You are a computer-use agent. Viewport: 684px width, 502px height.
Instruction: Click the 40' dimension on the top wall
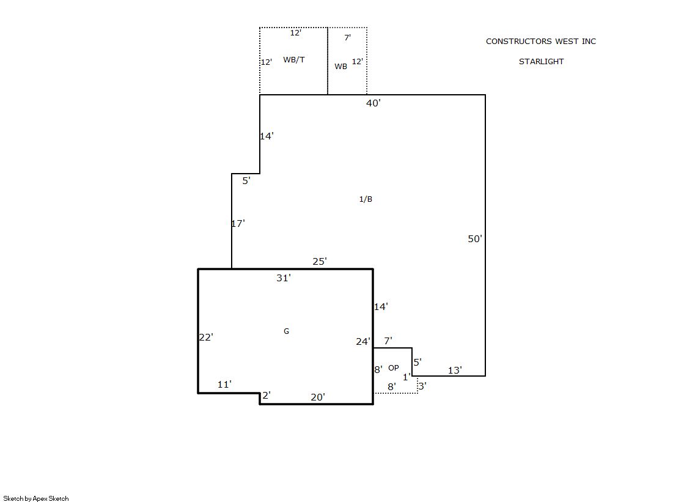click(373, 103)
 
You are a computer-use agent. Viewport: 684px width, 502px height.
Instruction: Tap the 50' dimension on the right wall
click(474, 239)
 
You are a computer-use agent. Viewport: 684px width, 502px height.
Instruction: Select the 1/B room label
click(366, 199)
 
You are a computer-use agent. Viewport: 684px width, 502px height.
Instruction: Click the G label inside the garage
click(286, 331)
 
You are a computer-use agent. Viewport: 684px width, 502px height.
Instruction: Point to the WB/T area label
click(293, 60)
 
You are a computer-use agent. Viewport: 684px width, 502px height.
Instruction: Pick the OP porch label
click(394, 368)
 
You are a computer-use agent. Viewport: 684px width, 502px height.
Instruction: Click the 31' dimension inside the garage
click(284, 278)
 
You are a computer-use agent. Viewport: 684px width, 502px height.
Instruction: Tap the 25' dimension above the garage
click(320, 262)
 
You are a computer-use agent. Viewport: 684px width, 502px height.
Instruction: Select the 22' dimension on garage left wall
click(206, 338)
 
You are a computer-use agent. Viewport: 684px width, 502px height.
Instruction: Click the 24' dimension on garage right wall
click(363, 342)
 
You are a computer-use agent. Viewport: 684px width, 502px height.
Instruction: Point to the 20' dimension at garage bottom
click(318, 397)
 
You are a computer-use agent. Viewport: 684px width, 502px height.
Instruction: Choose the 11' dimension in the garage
click(225, 385)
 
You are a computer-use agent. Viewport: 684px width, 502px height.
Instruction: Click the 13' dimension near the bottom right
click(455, 371)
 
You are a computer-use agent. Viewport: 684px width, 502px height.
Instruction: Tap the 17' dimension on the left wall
click(238, 224)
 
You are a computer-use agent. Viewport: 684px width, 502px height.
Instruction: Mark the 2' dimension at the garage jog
click(267, 396)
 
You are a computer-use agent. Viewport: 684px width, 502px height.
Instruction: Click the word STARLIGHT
click(542, 62)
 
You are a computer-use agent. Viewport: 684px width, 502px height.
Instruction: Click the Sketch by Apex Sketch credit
click(36, 498)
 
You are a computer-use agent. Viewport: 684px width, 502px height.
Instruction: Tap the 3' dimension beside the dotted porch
click(422, 386)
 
